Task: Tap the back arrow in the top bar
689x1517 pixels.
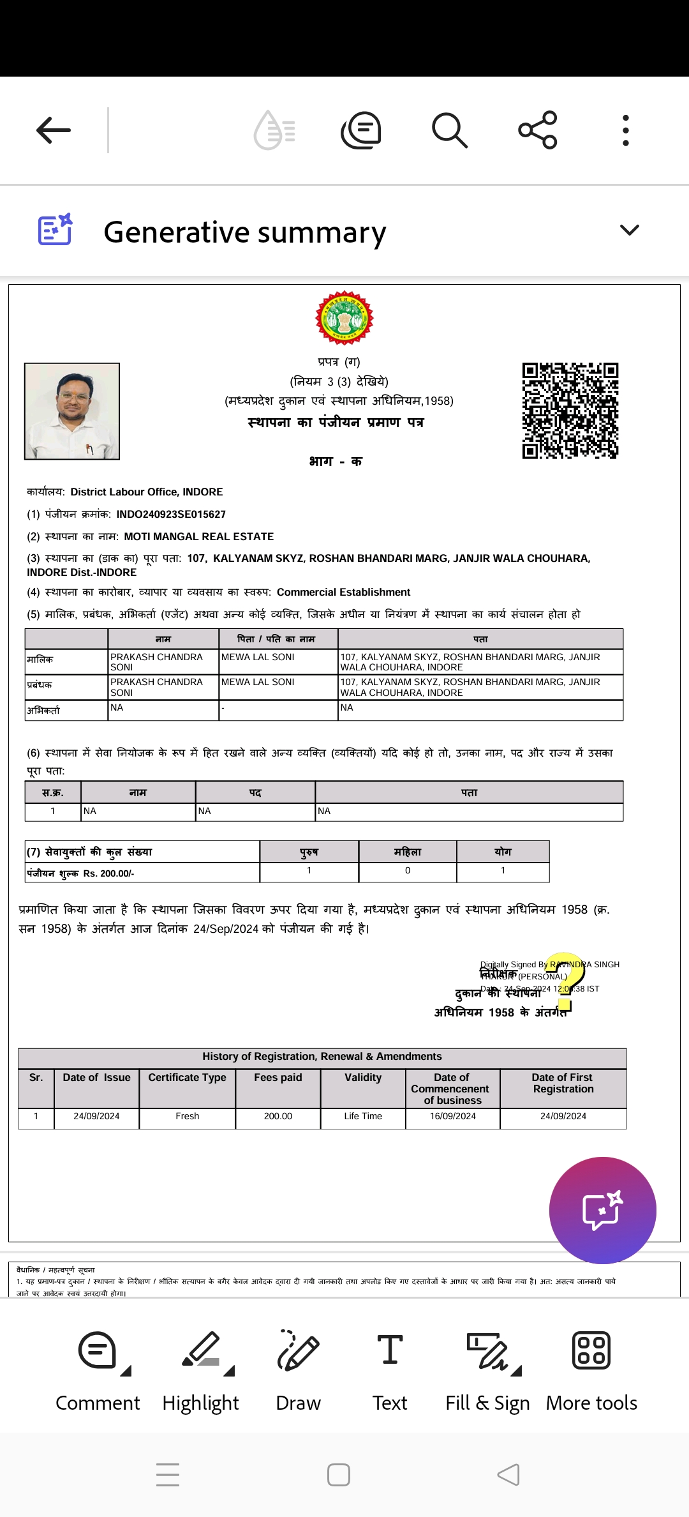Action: click(x=54, y=130)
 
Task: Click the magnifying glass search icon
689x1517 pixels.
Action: click(x=450, y=130)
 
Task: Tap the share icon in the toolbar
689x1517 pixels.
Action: click(x=538, y=130)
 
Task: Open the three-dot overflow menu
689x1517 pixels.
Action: click(x=626, y=130)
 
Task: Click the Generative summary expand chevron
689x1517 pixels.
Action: click(x=630, y=230)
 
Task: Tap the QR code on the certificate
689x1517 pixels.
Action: click(x=570, y=411)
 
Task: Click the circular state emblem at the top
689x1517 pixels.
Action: click(x=344, y=318)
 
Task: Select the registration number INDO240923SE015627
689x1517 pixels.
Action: click(x=171, y=515)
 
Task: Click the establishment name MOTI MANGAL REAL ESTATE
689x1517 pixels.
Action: click(x=199, y=537)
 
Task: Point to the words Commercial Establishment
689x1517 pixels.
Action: click(x=343, y=592)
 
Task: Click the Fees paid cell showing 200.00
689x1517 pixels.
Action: click(x=278, y=1116)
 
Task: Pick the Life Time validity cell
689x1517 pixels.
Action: click(x=363, y=1116)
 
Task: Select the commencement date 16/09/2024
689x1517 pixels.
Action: click(x=453, y=1116)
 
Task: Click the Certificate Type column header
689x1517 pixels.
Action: click(x=188, y=1078)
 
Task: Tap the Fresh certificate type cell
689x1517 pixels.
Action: click(x=188, y=1116)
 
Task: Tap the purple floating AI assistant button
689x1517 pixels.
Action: click(x=602, y=1210)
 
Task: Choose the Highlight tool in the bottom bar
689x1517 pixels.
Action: click(x=201, y=1370)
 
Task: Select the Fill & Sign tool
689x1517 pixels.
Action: click(x=488, y=1370)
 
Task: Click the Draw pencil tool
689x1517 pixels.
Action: click(x=299, y=1370)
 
